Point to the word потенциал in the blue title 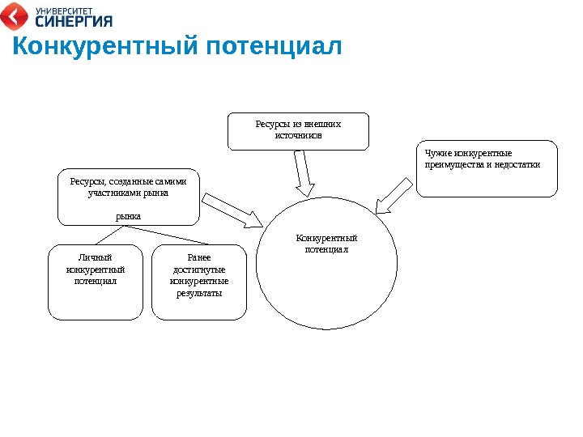coord(274,47)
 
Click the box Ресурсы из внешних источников coord(298,131)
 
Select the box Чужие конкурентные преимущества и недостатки coord(487,169)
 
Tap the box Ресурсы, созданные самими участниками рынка coord(128,197)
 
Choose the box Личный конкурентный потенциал coord(96,282)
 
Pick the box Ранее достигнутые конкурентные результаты coord(198,282)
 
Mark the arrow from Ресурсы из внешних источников coord(303,174)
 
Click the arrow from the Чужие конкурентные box coord(394,195)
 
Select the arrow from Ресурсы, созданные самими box coord(233,210)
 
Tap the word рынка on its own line coord(128,216)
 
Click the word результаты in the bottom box coord(199,293)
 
